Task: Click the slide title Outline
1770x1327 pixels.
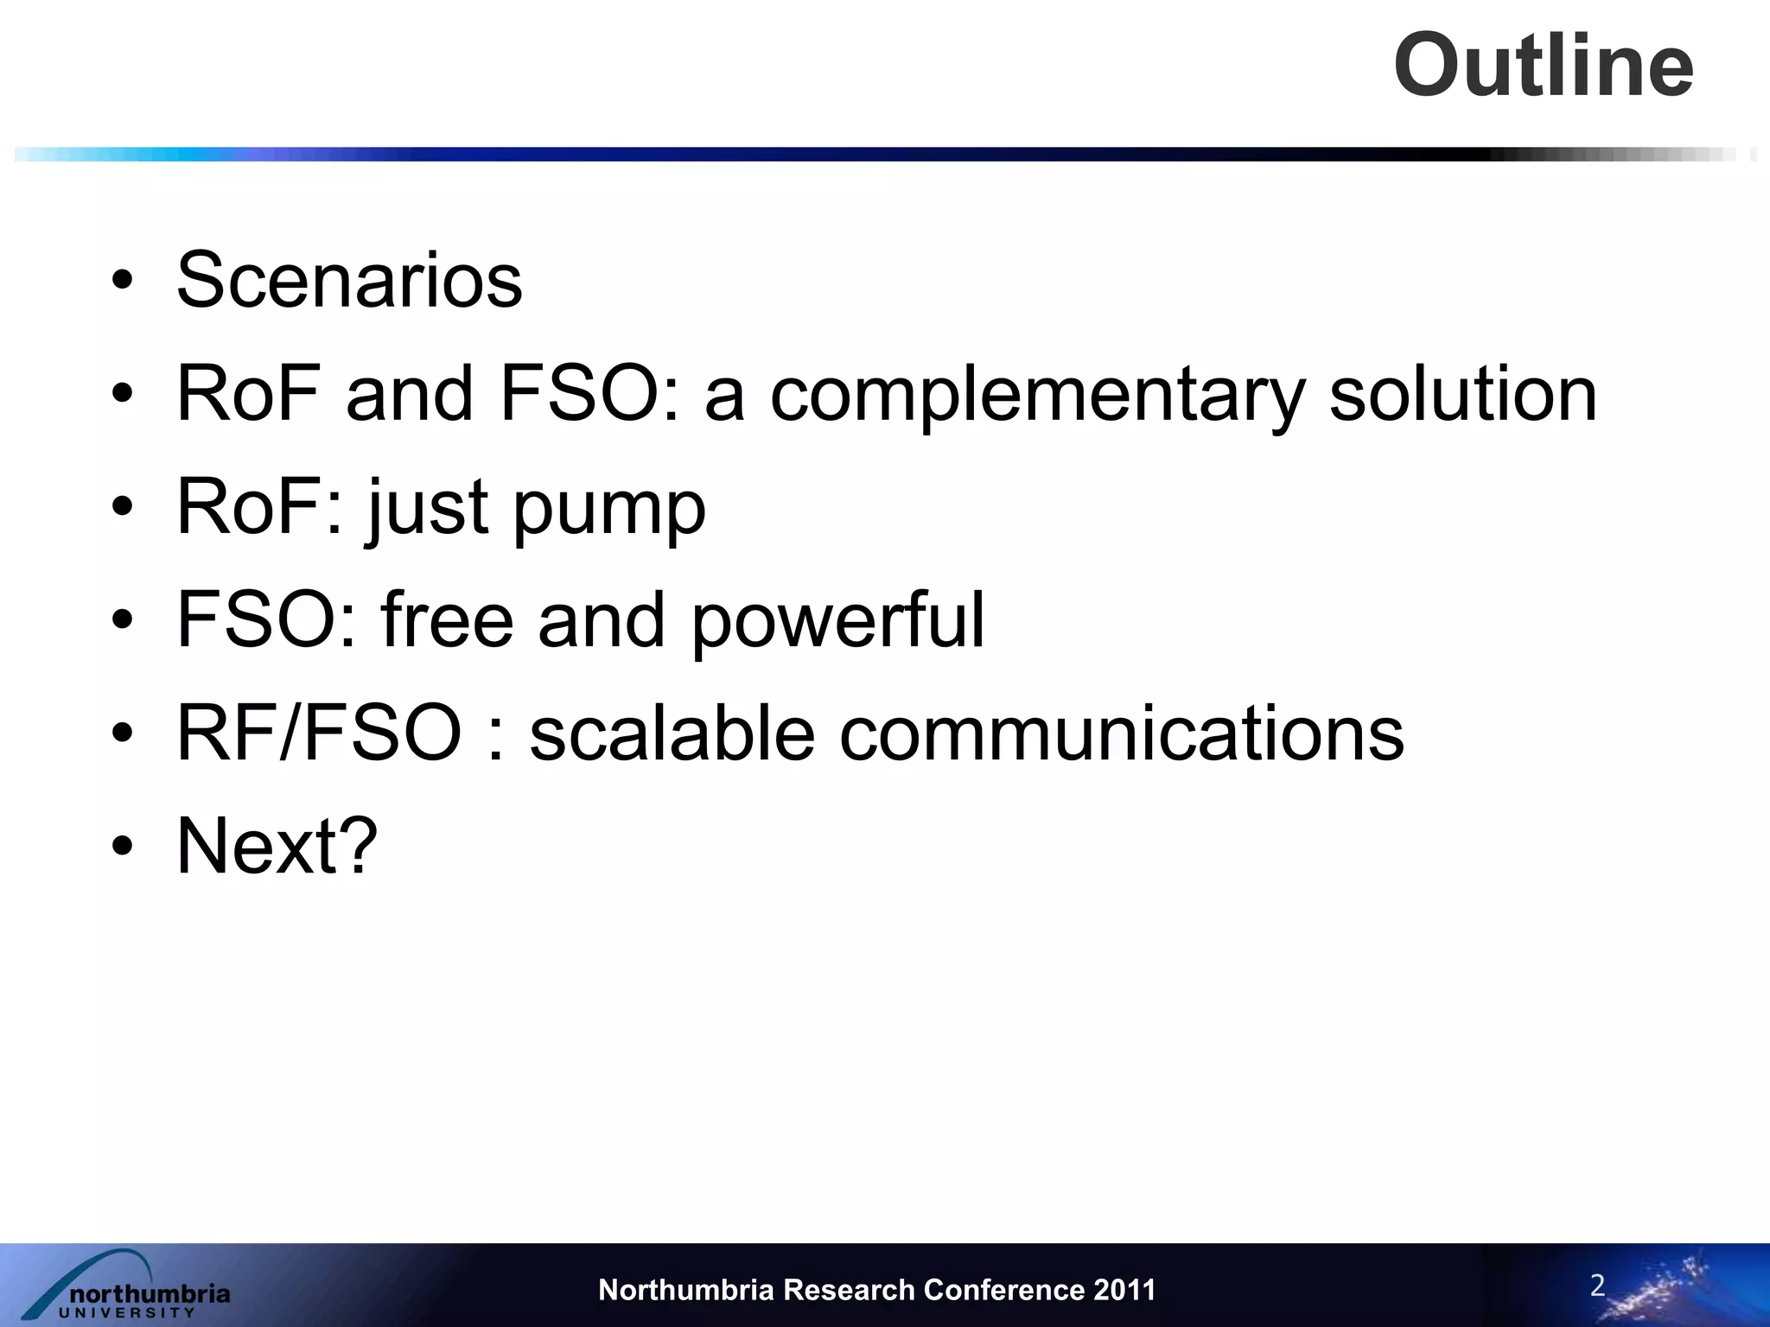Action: point(1544,66)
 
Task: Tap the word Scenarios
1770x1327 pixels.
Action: point(349,279)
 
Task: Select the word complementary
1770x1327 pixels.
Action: point(1037,394)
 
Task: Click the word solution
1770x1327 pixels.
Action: point(1463,394)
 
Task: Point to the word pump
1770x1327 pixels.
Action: point(609,508)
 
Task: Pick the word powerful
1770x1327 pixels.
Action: point(837,620)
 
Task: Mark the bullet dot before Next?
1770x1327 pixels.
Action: point(122,846)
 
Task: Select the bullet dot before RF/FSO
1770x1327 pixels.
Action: point(122,733)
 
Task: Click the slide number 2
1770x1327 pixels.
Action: point(1597,1285)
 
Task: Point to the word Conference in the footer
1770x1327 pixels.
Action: point(1003,1290)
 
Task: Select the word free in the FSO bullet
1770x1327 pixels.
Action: point(448,620)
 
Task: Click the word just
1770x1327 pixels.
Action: point(427,508)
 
